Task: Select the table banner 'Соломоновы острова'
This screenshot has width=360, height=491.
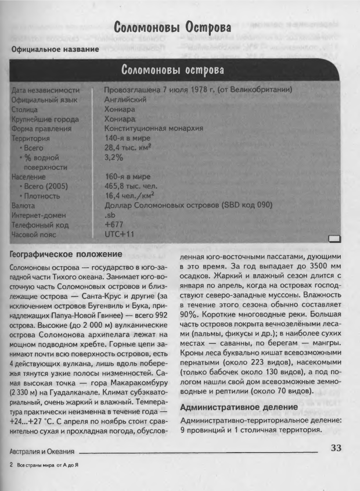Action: click(x=173, y=70)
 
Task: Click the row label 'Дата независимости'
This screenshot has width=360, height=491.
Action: click(x=45, y=90)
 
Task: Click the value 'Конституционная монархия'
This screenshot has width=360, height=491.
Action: click(x=153, y=128)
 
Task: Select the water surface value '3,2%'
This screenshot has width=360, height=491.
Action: click(x=114, y=157)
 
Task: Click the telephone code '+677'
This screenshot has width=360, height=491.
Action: click(x=114, y=224)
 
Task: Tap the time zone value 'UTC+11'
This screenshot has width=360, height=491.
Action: click(x=119, y=234)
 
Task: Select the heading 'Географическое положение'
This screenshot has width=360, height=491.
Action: click(x=66, y=254)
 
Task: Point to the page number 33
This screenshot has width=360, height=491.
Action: click(x=337, y=447)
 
